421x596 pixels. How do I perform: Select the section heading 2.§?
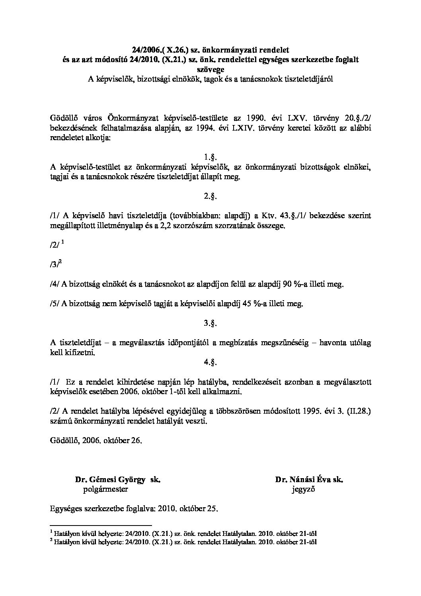[x=210, y=196]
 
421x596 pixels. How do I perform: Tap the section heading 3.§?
[x=210, y=323]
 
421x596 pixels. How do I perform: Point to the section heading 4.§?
[x=210, y=362]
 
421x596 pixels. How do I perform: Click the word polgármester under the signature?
[x=105, y=490]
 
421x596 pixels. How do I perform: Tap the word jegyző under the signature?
[x=303, y=490]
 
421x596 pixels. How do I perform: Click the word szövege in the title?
[x=210, y=70]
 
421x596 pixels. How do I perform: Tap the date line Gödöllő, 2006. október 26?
[x=96, y=441]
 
